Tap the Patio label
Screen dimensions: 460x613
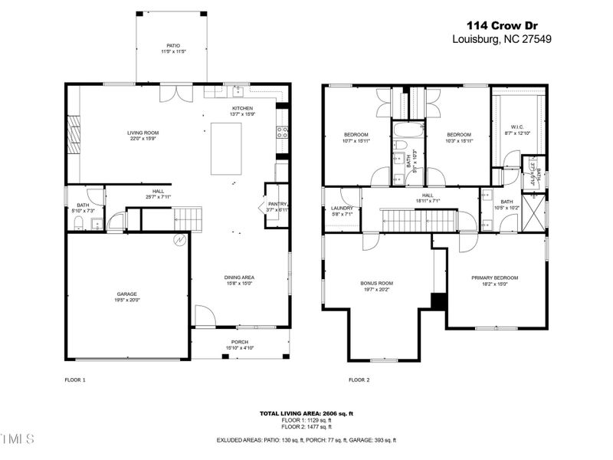(173, 48)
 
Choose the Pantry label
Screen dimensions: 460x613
(276, 205)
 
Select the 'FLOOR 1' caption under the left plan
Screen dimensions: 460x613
(74, 379)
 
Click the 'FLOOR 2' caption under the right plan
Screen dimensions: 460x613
(359, 379)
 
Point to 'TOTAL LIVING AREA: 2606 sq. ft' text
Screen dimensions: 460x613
(306, 413)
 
